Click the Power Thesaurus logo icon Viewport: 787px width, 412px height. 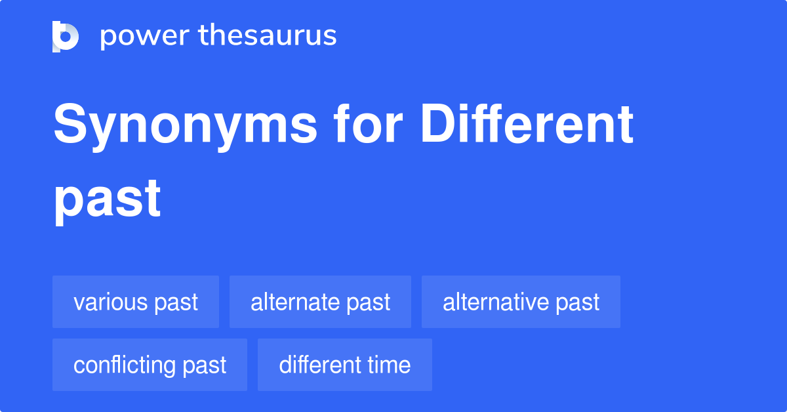click(x=66, y=36)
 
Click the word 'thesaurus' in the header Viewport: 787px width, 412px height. click(x=268, y=36)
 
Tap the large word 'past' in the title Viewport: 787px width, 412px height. click(x=107, y=199)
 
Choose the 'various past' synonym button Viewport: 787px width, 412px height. click(x=136, y=302)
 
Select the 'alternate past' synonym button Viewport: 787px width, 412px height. click(x=320, y=302)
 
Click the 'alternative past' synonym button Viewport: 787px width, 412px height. click(x=521, y=302)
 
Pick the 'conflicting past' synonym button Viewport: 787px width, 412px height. click(x=150, y=365)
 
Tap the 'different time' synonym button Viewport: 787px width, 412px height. click(x=345, y=365)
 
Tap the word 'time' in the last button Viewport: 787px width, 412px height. click(x=390, y=365)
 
